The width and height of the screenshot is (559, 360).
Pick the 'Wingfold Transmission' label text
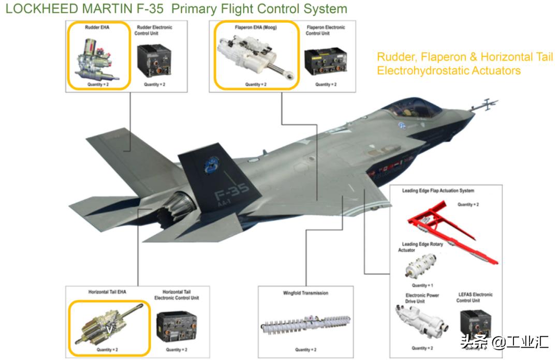(x=306, y=293)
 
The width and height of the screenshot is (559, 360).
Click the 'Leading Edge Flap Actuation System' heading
(x=438, y=191)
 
